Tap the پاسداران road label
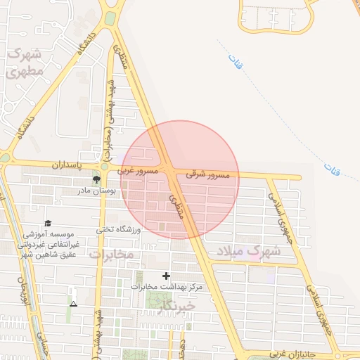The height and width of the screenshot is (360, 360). click(75, 164)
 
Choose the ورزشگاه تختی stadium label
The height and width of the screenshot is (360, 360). click(120, 229)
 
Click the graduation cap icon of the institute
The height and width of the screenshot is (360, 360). click(48, 223)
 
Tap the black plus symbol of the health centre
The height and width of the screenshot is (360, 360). click(167, 276)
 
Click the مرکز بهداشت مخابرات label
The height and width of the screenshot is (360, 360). click(167, 287)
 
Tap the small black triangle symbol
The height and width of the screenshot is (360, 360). click(74, 304)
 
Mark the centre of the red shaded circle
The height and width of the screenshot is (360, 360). click(180, 180)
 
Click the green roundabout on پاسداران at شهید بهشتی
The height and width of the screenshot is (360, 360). click(105, 167)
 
